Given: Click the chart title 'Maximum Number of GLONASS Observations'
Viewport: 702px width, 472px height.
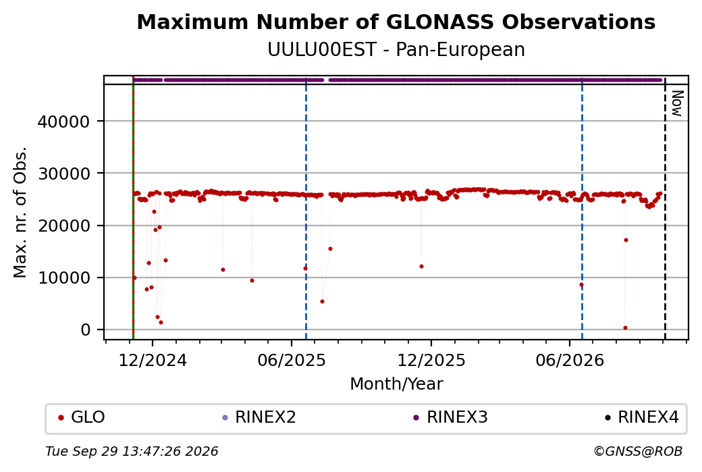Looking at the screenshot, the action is click(x=396, y=22).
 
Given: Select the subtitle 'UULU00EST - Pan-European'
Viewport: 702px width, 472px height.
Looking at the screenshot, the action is click(x=396, y=50).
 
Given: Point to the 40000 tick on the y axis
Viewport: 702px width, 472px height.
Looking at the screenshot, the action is click(x=63, y=122).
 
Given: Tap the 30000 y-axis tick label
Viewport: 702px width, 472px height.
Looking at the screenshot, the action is click(x=63, y=174).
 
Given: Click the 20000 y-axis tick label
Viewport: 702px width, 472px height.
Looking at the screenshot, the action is click(x=63, y=226).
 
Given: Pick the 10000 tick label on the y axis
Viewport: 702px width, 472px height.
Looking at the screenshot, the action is click(x=63, y=278).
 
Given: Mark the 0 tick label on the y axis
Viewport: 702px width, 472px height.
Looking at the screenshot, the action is click(x=86, y=330).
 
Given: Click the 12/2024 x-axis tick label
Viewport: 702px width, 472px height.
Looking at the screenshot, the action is click(x=153, y=361).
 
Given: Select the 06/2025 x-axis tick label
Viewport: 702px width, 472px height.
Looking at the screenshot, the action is click(x=292, y=361).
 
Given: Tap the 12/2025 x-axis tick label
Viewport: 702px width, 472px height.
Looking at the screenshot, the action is click(x=431, y=361).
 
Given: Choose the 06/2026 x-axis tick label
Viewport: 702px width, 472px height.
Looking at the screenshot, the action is click(x=570, y=361).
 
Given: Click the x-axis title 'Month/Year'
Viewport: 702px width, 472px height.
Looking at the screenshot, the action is click(x=396, y=384).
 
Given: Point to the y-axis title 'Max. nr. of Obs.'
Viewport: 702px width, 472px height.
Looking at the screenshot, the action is click(x=20, y=212).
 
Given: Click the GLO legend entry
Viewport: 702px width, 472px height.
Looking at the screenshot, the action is click(x=82, y=417).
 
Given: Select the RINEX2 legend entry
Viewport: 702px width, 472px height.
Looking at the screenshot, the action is click(x=259, y=417).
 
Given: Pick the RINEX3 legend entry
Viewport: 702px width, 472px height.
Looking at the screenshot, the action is click(x=450, y=417).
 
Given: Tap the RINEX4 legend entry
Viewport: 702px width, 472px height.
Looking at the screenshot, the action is click(x=642, y=417).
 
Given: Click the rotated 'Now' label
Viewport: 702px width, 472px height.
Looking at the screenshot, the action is click(x=678, y=103).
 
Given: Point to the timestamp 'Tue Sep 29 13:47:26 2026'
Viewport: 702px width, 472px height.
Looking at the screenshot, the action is click(x=132, y=451).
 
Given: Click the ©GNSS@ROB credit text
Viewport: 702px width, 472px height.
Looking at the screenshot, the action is click(x=638, y=451).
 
